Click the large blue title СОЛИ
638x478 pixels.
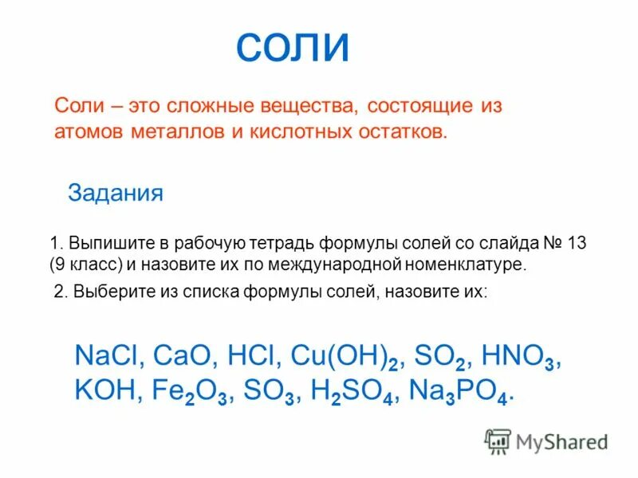[293, 49]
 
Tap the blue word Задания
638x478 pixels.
[116, 194]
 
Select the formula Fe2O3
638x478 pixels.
[189, 392]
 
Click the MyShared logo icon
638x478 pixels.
[498, 441]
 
